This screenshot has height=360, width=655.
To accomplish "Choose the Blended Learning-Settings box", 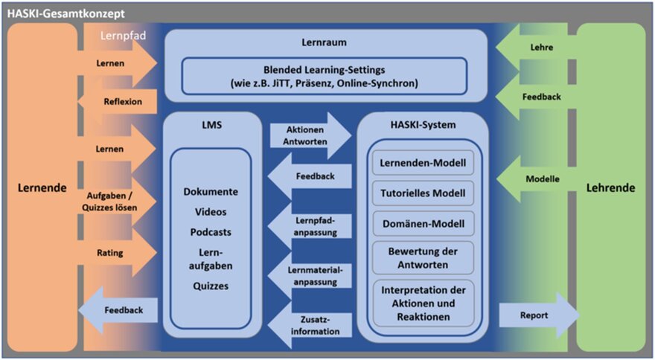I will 325,76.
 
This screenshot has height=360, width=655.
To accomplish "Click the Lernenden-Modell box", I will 423,162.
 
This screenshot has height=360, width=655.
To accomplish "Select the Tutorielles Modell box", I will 423,193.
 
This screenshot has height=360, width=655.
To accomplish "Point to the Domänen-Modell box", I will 423,223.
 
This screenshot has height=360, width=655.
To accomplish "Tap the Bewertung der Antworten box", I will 423,257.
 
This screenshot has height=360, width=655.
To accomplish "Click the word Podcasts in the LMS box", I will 211,231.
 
